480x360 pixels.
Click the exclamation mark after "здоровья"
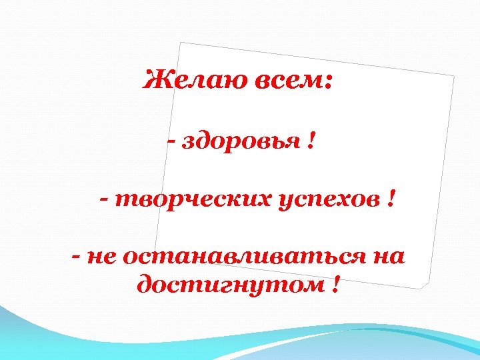click(311, 141)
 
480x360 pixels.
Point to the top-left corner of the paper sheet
click(181, 43)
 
